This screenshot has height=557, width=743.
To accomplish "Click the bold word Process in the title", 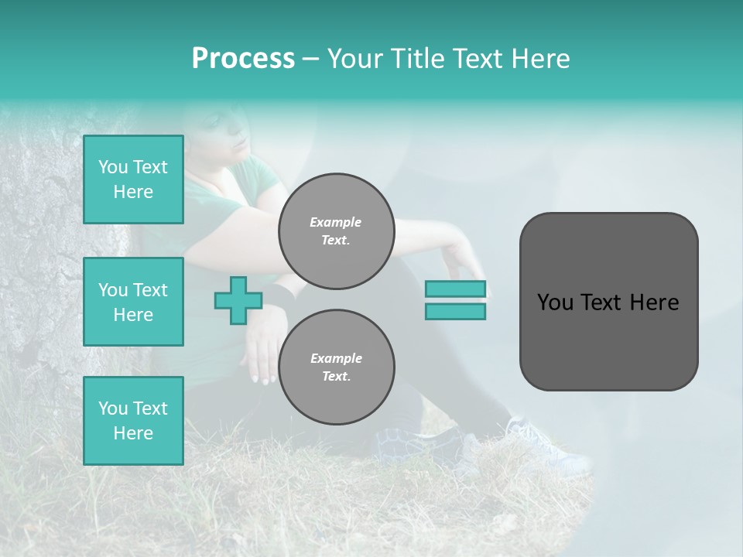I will [x=243, y=59].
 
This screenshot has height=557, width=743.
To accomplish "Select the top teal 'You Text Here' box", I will [x=133, y=179].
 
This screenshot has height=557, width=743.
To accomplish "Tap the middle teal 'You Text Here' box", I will [x=133, y=302].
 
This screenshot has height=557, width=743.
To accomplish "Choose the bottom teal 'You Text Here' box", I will [x=133, y=421].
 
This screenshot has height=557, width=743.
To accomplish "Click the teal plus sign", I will [x=238, y=300].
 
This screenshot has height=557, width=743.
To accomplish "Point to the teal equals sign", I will [x=455, y=300].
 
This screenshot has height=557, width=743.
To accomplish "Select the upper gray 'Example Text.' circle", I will [x=336, y=231].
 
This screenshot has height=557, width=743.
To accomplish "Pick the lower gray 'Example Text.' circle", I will [x=336, y=367].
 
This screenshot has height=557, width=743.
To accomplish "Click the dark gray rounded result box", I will [x=608, y=302].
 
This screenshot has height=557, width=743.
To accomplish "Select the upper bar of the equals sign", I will [x=455, y=289].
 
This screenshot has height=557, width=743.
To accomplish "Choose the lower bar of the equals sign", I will [x=455, y=311].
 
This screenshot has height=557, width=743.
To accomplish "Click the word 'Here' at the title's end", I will [x=541, y=59].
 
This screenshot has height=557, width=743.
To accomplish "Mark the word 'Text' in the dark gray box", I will [x=604, y=302].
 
